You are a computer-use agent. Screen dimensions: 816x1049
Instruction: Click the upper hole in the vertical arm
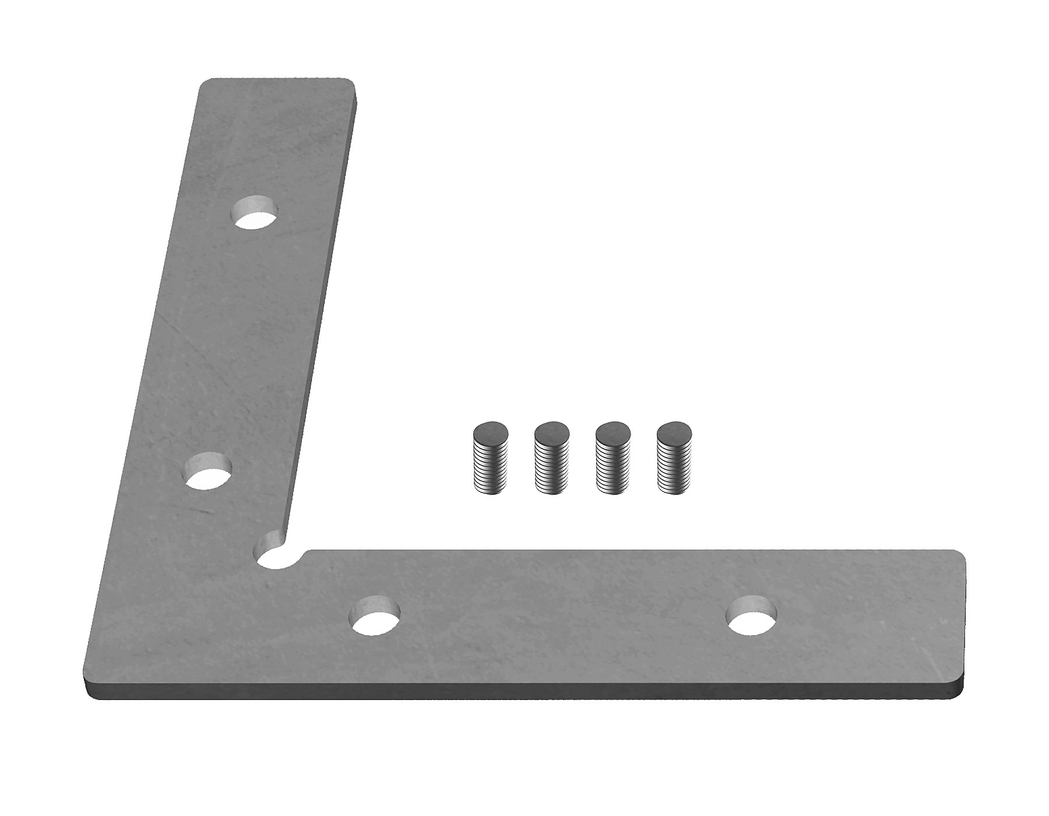click(255, 213)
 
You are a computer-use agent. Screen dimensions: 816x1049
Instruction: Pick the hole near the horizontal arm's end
click(752, 616)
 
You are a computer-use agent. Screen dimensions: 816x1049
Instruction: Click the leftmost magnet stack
click(490, 458)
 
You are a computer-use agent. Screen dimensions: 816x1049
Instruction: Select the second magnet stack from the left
click(552, 458)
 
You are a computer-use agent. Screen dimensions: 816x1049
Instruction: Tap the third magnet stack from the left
click(614, 458)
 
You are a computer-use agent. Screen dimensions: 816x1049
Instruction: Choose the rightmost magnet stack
click(674, 458)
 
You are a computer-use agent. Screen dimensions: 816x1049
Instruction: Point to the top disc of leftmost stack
click(491, 433)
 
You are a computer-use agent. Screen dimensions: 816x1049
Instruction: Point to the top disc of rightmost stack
click(675, 433)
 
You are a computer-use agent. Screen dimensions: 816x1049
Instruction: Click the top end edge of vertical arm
click(277, 80)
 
